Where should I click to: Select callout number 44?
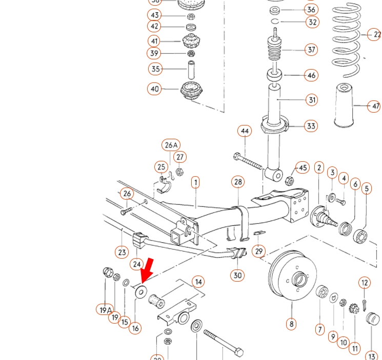[x=245, y=131]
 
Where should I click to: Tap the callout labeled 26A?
[x=171, y=145]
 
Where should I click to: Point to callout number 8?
[x=291, y=324]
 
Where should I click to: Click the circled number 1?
[x=195, y=182]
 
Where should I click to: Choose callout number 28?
[x=238, y=182]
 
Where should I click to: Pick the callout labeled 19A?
[x=105, y=309]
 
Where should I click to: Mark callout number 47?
[x=375, y=107]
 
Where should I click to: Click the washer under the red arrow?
[x=140, y=292]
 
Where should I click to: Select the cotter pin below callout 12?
[x=364, y=304]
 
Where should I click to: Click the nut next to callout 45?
[x=289, y=181]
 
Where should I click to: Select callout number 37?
[x=311, y=50]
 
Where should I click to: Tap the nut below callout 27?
[x=179, y=172]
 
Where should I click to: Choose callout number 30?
[x=237, y=275]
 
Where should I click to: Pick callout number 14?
[x=198, y=282]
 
